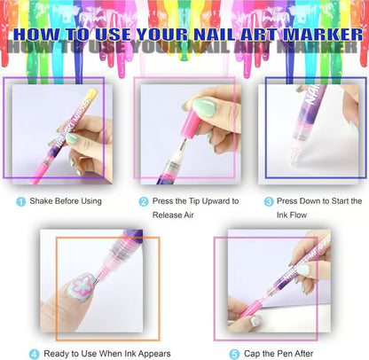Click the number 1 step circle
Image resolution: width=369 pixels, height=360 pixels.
tap(20, 201)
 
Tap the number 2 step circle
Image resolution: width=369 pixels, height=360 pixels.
tap(144, 201)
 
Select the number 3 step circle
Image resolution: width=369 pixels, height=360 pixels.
tap(268, 201)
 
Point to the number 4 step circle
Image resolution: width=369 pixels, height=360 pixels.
tap(35, 353)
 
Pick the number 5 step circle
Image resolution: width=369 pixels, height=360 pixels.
tap(234, 353)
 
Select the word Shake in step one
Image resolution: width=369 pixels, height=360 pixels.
tap(44, 201)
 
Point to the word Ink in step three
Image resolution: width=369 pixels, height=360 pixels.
tap(285, 215)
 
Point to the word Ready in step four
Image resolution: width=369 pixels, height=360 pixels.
tap(59, 353)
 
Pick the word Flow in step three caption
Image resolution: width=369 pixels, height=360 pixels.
tap(305, 215)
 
